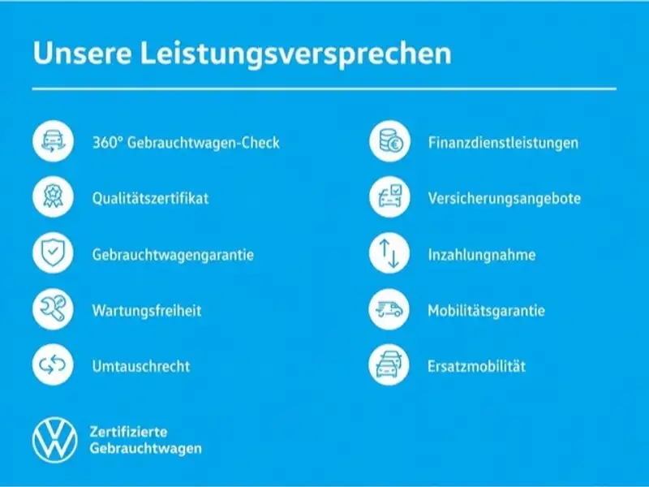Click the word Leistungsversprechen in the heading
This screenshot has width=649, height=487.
click(296, 54)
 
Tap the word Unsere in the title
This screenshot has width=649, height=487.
click(82, 53)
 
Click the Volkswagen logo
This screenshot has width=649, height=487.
click(54, 440)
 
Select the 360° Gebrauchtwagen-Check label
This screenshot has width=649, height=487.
click(186, 143)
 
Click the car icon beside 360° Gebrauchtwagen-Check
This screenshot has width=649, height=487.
click(53, 140)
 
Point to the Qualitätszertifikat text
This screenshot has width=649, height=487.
click(150, 198)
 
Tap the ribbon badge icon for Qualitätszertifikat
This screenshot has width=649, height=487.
click(53, 196)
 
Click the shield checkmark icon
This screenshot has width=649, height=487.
click(53, 252)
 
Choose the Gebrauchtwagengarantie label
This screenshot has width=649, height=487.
click(173, 255)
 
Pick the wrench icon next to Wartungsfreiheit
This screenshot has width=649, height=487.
click(53, 308)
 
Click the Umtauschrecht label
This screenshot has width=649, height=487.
click(141, 366)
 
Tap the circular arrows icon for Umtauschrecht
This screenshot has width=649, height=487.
click(53, 364)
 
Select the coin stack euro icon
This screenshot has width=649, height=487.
click(389, 140)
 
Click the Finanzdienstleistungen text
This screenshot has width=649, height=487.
click(503, 143)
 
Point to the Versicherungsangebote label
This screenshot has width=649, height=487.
click(505, 198)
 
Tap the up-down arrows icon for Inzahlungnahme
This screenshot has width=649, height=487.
click(389, 252)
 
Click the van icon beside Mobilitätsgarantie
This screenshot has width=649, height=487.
click(389, 308)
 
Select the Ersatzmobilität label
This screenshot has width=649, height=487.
click(477, 366)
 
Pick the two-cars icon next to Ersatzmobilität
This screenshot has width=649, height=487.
click(389, 364)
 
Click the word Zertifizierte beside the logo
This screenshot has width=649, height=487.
click(129, 432)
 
